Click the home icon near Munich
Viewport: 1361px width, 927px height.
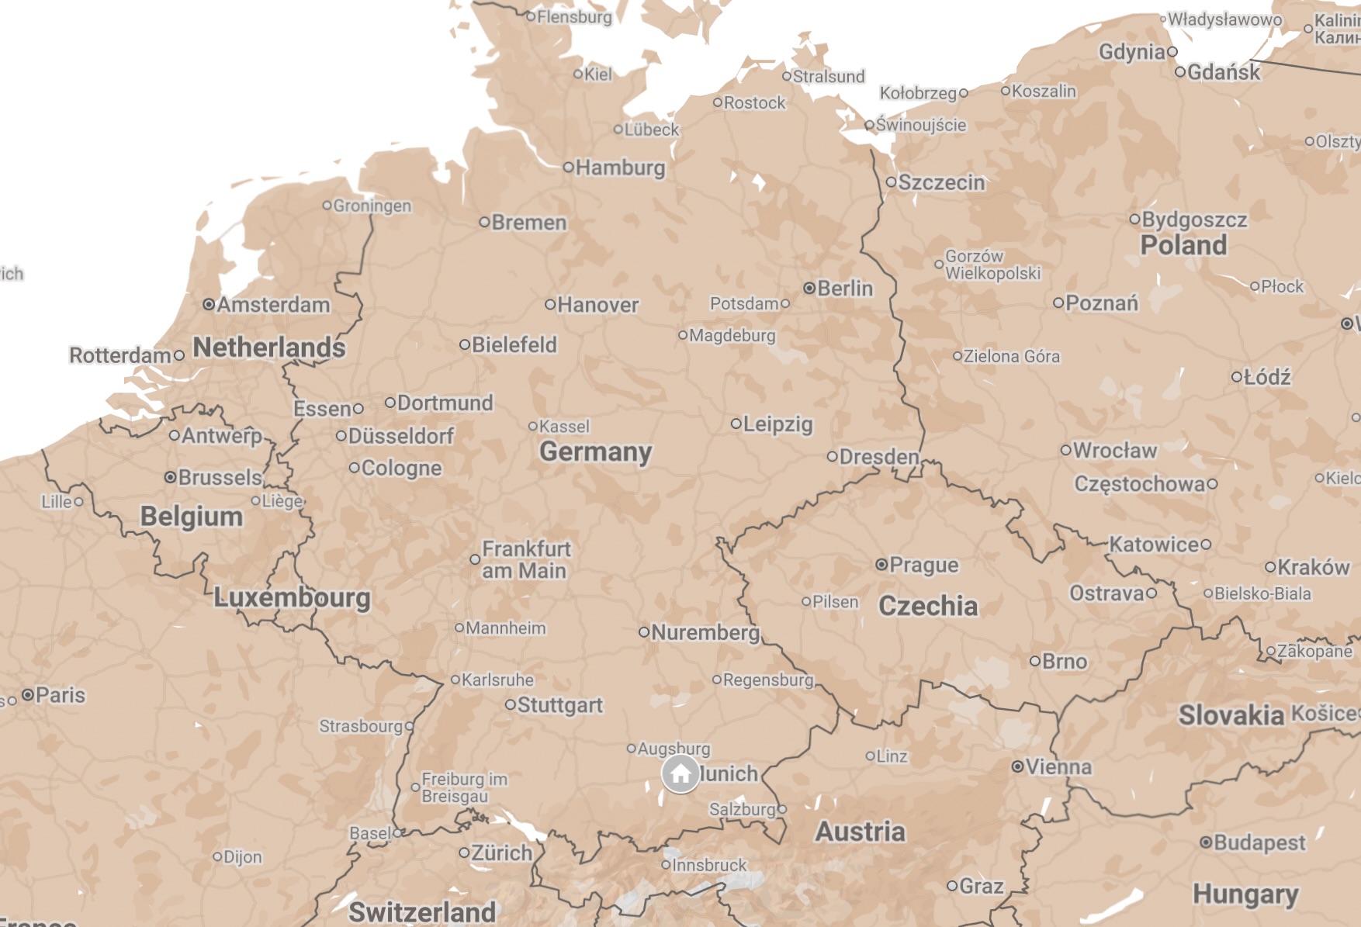680,773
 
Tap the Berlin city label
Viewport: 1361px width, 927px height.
844,289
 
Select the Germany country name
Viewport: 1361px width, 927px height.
595,451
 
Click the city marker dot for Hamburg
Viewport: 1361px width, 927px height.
569,167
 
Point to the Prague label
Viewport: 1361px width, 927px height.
923,565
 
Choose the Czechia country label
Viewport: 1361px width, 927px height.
927,606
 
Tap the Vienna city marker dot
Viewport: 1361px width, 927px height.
1017,766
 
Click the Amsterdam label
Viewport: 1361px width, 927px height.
273,305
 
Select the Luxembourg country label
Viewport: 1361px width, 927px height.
292,597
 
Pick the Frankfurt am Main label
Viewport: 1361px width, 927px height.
525,559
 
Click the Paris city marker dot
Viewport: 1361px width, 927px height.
28,694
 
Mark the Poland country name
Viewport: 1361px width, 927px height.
1183,245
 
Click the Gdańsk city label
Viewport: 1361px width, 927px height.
1223,72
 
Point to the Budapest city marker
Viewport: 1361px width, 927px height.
1206,842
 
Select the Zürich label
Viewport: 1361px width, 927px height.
501,853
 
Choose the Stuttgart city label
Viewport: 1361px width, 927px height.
559,705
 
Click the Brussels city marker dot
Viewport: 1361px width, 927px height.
171,477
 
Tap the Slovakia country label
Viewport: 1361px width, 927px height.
1231,715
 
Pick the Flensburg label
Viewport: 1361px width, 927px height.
574,16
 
